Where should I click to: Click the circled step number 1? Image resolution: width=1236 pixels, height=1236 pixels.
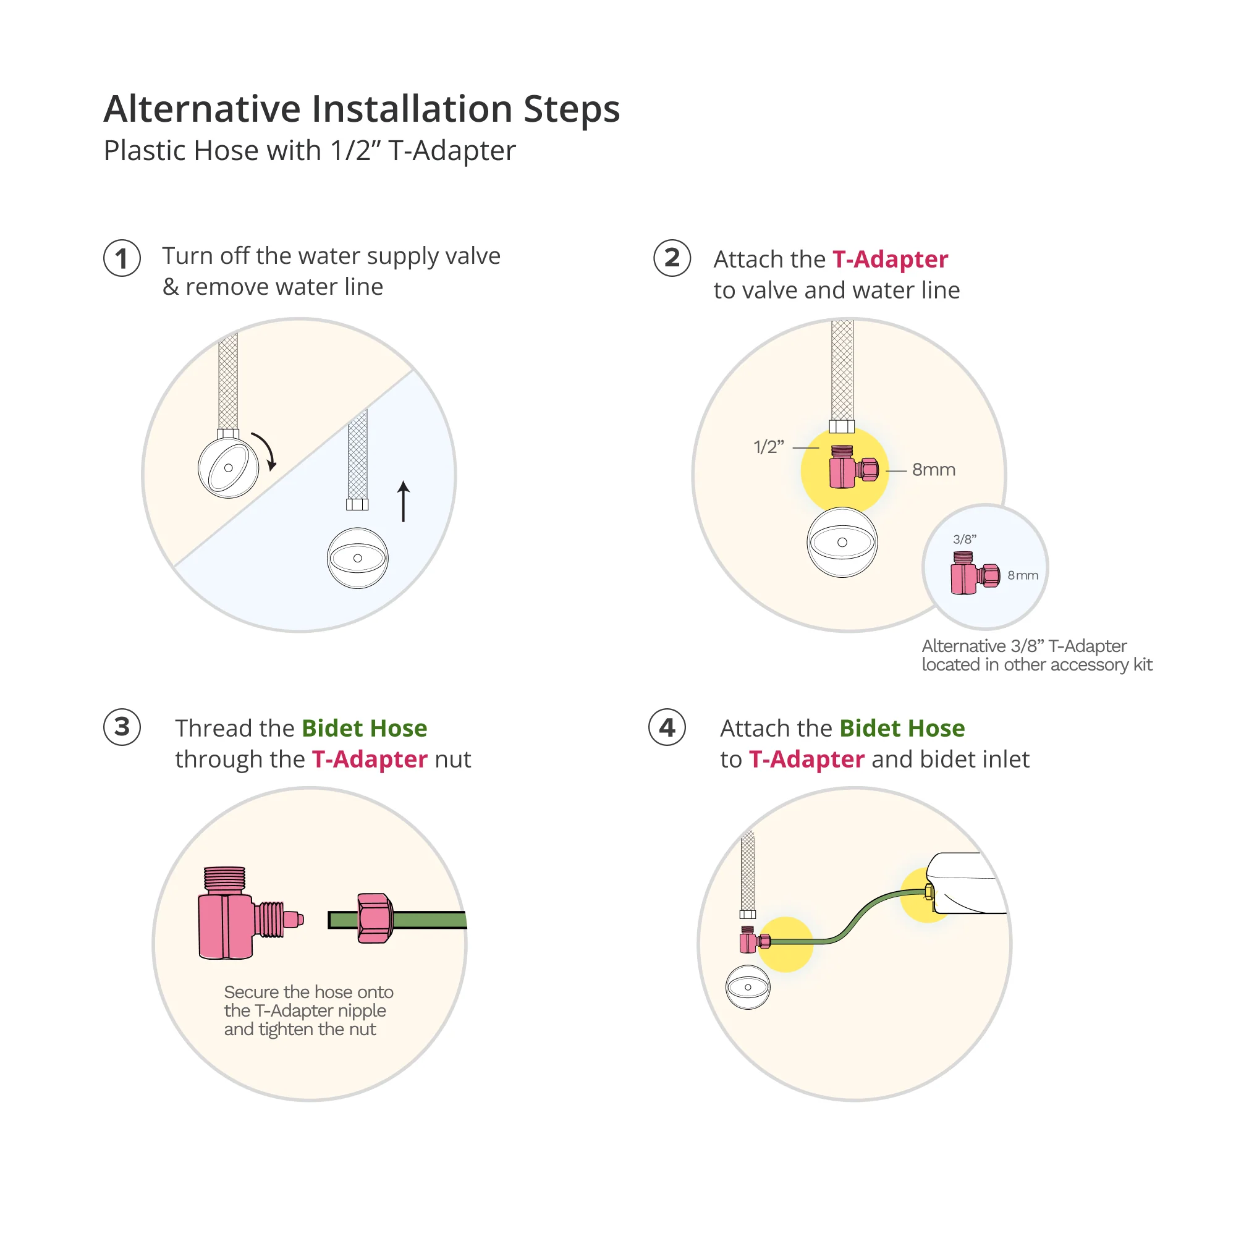click(122, 258)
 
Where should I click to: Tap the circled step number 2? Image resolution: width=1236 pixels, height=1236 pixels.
click(672, 258)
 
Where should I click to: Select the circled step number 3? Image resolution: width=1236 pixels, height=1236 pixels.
click(122, 727)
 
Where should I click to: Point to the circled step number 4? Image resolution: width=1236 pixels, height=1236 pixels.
click(667, 727)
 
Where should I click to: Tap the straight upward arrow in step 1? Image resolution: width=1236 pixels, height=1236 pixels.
click(403, 502)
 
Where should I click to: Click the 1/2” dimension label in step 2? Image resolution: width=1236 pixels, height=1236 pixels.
click(768, 447)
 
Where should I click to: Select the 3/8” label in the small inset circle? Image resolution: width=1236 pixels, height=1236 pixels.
click(965, 540)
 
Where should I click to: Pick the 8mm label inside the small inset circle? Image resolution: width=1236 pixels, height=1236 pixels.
click(1022, 575)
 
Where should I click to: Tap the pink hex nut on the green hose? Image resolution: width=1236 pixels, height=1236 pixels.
click(375, 918)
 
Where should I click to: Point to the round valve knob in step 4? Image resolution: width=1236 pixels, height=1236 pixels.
click(748, 987)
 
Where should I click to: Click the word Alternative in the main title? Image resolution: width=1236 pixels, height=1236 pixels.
click(203, 108)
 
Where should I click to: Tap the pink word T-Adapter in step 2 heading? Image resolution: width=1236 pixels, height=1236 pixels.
click(890, 259)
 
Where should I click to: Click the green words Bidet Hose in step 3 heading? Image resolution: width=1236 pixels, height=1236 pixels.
click(364, 728)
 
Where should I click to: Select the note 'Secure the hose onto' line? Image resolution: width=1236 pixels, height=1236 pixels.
click(308, 992)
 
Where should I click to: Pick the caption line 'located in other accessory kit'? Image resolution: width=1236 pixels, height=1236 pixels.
click(1037, 665)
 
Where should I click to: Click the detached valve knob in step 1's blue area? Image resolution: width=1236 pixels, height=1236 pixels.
click(358, 558)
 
